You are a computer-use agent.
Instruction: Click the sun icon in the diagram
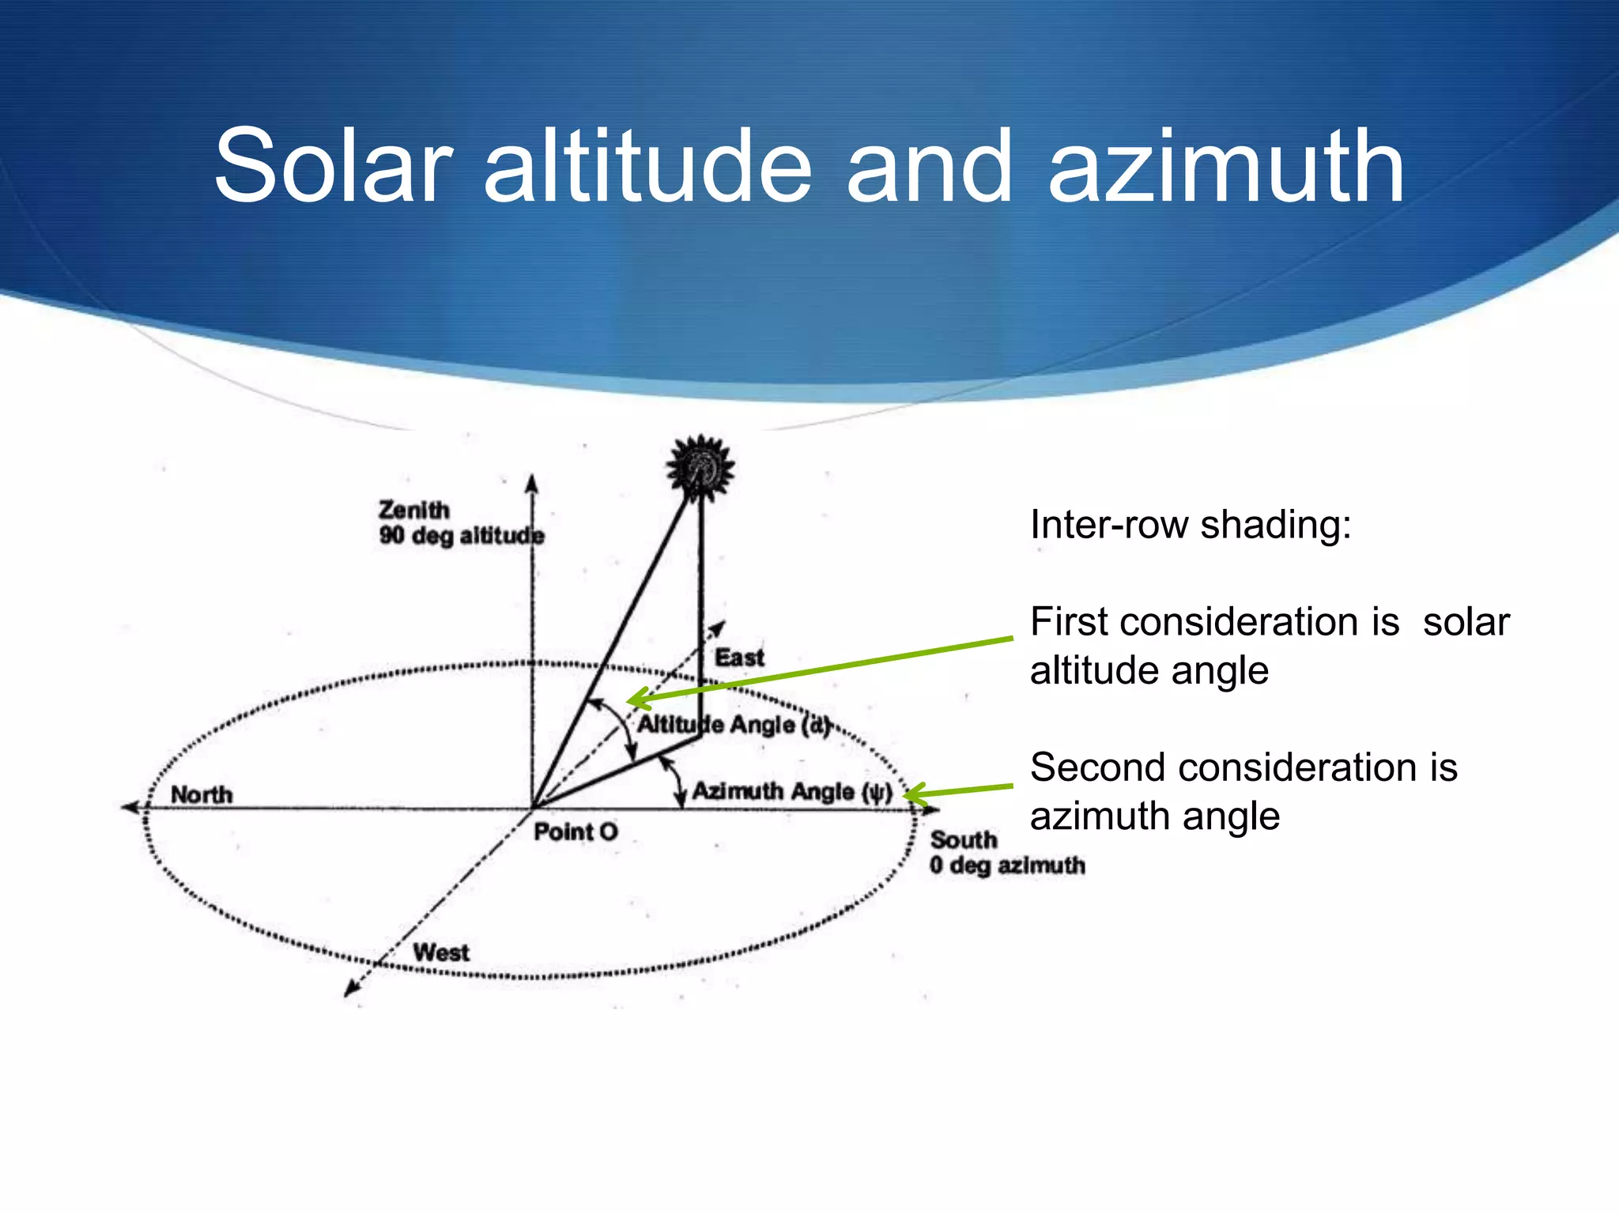coord(700,468)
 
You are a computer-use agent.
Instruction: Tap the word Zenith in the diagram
coord(413,510)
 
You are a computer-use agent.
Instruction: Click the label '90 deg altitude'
coord(461,536)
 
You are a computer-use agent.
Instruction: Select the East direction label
coord(739,658)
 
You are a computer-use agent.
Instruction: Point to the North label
coord(202,794)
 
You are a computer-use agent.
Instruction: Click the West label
coord(441,952)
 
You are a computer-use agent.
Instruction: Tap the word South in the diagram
coord(964,839)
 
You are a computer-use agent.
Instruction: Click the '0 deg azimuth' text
coord(1007,865)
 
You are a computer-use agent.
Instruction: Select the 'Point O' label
coord(576,831)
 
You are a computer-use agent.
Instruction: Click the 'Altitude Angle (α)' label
coord(734,725)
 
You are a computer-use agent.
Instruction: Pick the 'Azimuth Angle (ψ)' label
coord(792,791)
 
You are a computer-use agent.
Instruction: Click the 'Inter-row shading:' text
coord(1191,525)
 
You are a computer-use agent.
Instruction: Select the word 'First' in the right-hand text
coord(1069,622)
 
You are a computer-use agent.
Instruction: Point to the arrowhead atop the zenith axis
coord(532,483)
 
